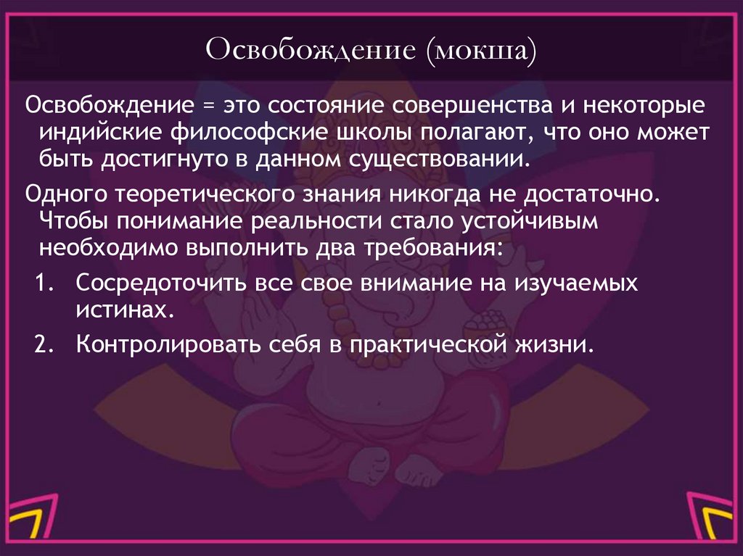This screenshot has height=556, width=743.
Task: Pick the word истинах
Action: [x=124, y=310]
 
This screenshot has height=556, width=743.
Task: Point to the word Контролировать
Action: [x=163, y=344]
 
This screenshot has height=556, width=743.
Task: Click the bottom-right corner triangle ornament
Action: [x=715, y=521]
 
